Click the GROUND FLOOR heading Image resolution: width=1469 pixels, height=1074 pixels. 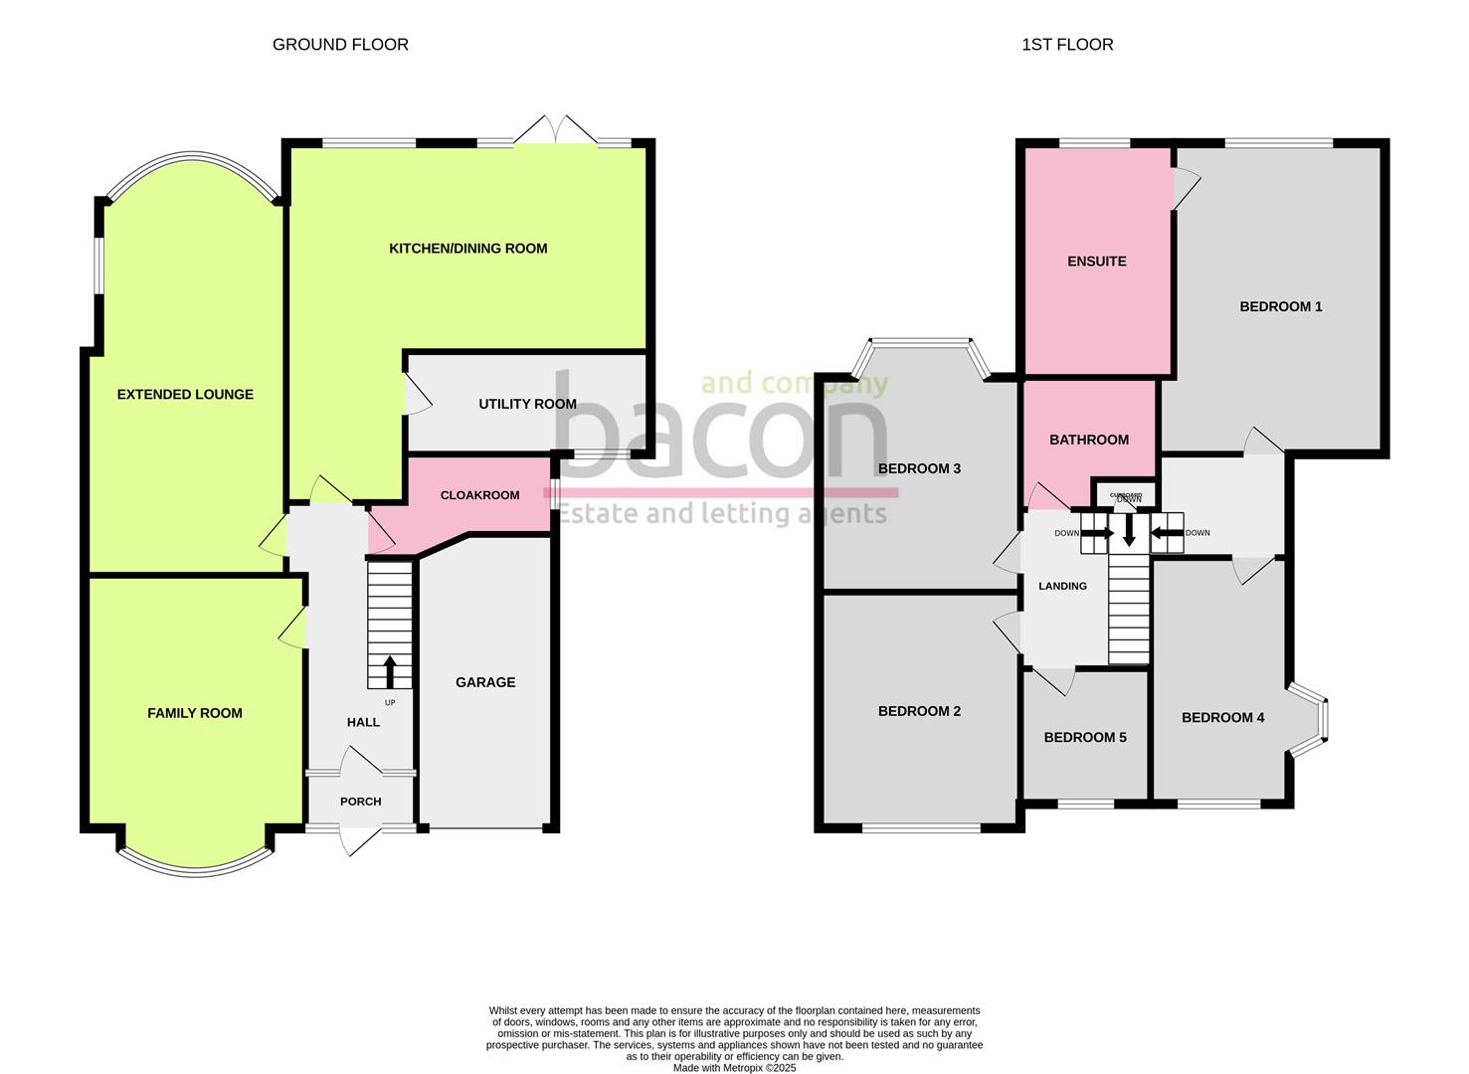coord(340,45)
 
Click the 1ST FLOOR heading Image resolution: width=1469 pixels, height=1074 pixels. coord(1067,45)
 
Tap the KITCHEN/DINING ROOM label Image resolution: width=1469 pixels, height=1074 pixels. coord(467,249)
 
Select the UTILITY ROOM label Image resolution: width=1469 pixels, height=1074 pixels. coord(527,404)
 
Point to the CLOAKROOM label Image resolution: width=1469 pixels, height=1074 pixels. coord(479,495)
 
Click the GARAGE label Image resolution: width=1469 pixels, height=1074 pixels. coord(485,682)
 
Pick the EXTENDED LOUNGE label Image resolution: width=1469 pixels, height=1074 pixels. coord(185,395)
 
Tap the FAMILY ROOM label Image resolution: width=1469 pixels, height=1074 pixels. coord(195,713)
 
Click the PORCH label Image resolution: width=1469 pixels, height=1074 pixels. coord(360,802)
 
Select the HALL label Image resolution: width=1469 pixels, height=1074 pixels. coord(363,722)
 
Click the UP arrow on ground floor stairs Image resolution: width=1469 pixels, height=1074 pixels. coord(390,671)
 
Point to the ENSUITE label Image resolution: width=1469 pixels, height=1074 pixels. coord(1096,262)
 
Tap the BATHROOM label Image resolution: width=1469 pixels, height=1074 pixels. coord(1089,440)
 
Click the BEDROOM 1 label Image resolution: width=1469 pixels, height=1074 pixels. coord(1280,307)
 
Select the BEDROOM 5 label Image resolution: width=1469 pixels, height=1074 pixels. coord(1085,738)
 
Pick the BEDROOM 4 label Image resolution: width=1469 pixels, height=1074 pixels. coord(1222,718)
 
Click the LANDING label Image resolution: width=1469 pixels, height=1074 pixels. coord(1062,587)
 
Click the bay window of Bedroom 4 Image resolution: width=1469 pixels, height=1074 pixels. coord(1313,719)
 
